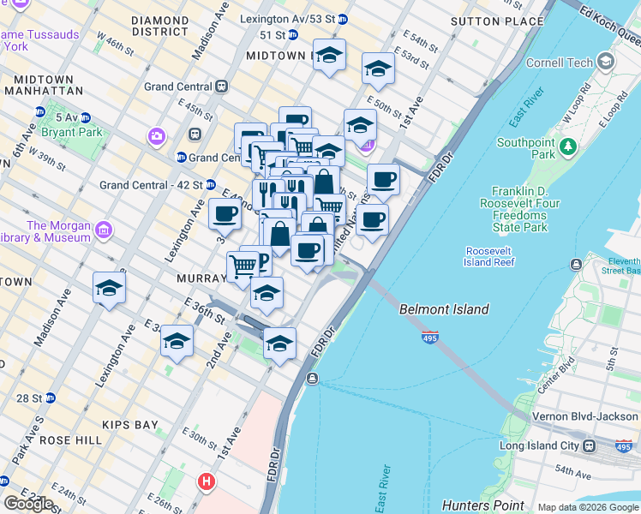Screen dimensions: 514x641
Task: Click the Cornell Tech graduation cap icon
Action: [x=607, y=62]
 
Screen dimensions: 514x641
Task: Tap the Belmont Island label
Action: [x=444, y=309]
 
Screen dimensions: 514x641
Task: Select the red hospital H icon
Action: [x=205, y=482]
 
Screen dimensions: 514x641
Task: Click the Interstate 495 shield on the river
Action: [x=430, y=338]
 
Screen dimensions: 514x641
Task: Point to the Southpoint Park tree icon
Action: [x=567, y=149]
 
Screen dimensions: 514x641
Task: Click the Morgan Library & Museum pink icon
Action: [x=104, y=230]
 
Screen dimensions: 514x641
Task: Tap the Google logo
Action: [x=28, y=504]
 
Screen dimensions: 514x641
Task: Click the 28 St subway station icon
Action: [x=50, y=398]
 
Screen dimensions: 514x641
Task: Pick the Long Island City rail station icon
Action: [x=590, y=446]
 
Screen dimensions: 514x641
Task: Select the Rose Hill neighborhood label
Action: [x=72, y=439]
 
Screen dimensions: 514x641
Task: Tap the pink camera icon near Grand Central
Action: [x=156, y=135]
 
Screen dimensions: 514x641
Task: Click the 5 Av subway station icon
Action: [x=40, y=112]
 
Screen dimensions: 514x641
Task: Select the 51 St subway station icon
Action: [x=292, y=35]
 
